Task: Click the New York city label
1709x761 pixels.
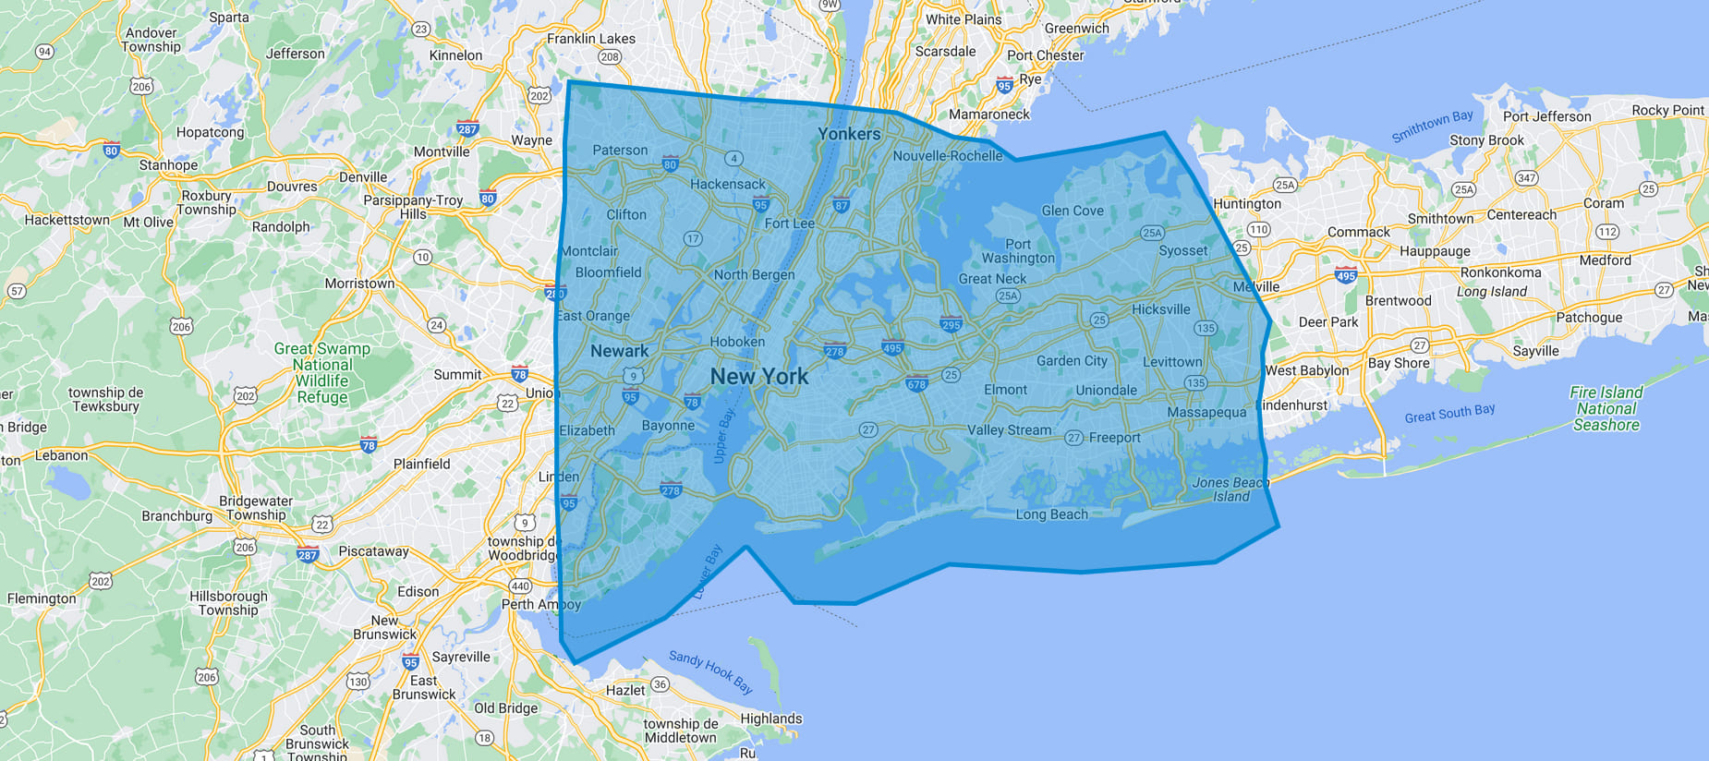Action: pos(759,377)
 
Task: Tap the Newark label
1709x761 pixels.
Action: pos(619,351)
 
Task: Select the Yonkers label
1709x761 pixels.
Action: pos(849,134)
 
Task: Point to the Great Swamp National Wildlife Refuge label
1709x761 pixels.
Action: pos(322,373)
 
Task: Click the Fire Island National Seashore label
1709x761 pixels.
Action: pos(1606,408)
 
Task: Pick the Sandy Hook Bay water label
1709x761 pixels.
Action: pos(710,671)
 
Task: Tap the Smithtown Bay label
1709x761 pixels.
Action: pos(1432,127)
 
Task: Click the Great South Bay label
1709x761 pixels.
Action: pos(1449,413)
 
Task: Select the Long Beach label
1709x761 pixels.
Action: pos(1051,514)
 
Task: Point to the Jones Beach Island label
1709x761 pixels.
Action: pos(1230,489)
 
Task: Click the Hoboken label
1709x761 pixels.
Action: pos(737,342)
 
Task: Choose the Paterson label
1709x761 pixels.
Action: pos(620,151)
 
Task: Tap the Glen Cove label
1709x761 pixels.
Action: pos(1073,211)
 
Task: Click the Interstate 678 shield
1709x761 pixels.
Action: pos(916,384)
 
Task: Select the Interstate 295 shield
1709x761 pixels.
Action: pos(951,324)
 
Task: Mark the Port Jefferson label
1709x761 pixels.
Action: pos(1546,116)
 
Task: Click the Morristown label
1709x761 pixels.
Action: pos(359,284)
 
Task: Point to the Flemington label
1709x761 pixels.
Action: pos(42,598)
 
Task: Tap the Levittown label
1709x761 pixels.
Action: pos(1172,362)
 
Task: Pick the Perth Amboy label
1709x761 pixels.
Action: pos(540,604)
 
